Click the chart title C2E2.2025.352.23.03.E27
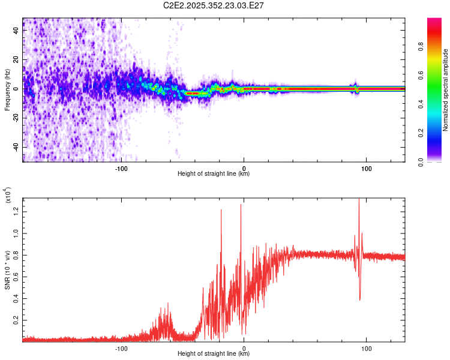pyautogui.click(x=214, y=5)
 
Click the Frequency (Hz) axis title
pyautogui.click(x=7, y=90)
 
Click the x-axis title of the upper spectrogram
pyautogui.click(x=214, y=174)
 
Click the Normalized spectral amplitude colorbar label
pyautogui.click(x=446, y=90)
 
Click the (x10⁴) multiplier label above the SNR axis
pyautogui.click(x=7, y=195)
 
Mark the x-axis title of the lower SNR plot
pyautogui.click(x=214, y=354)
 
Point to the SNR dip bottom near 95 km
pyautogui.click(x=360, y=299)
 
